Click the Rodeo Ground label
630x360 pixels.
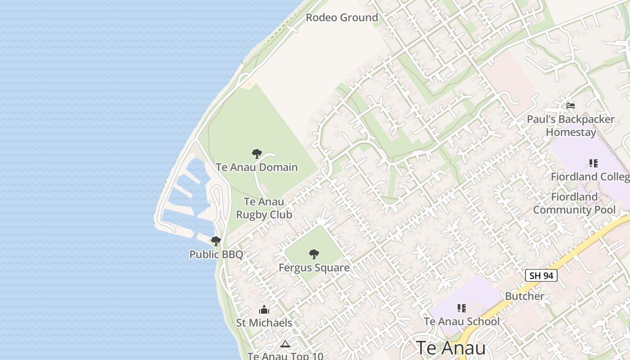point(342,18)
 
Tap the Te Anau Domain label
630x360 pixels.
point(256,167)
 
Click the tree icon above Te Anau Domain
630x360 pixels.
point(256,154)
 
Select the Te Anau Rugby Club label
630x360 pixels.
point(264,208)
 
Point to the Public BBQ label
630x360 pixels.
point(216,254)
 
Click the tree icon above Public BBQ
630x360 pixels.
point(216,241)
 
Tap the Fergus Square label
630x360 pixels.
point(314,268)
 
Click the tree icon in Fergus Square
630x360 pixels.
point(314,254)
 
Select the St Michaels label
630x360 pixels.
point(264,323)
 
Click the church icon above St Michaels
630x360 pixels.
point(264,310)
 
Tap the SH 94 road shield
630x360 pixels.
point(541,275)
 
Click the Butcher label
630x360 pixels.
point(525,296)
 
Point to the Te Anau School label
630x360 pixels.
point(462,321)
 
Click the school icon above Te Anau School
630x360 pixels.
point(462,308)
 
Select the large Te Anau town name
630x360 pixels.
point(450,348)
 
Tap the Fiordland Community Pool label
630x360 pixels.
point(574,203)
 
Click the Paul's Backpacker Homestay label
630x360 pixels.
point(571,126)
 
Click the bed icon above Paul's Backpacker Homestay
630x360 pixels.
point(571,106)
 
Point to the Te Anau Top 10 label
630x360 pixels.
point(285,355)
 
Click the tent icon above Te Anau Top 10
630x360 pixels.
point(285,344)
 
